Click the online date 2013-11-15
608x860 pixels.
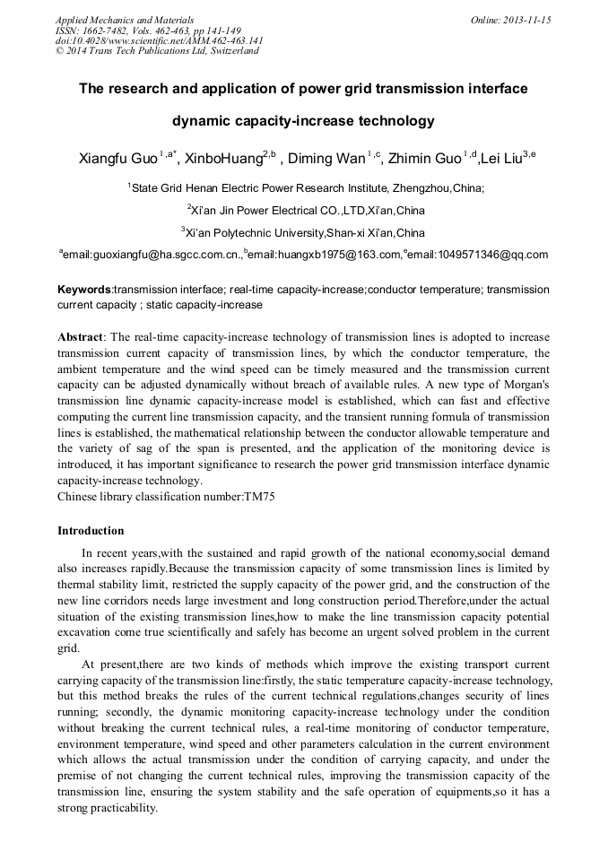click(529, 20)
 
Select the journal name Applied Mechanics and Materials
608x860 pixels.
click(125, 20)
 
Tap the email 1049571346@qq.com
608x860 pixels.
click(491, 255)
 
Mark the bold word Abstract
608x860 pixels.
click(81, 336)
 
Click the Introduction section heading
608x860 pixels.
click(91, 531)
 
